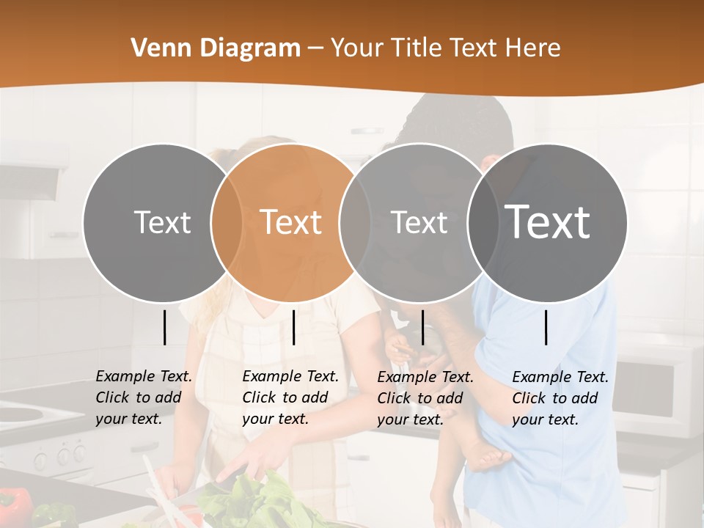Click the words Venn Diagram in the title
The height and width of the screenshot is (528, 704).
pyautogui.click(x=216, y=48)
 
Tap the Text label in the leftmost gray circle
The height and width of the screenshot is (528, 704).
pyautogui.click(x=162, y=222)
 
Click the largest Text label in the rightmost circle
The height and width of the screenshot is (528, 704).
pyautogui.click(x=548, y=221)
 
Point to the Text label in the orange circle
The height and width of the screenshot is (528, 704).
pyautogui.click(x=291, y=222)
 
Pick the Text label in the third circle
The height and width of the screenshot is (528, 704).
pyautogui.click(x=419, y=222)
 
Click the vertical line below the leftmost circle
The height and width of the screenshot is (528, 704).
pyautogui.click(x=165, y=327)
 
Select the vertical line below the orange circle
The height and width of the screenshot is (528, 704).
pyautogui.click(x=293, y=327)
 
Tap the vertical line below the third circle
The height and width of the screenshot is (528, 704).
pyautogui.click(x=423, y=327)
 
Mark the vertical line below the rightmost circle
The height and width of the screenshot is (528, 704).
pyautogui.click(x=546, y=327)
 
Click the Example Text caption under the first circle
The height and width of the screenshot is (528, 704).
pyautogui.click(x=143, y=397)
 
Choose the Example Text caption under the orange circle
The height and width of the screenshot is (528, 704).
pyautogui.click(x=290, y=397)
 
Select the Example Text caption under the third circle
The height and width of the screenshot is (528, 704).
pyautogui.click(x=425, y=398)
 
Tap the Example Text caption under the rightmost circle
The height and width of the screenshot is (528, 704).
pyautogui.click(x=560, y=398)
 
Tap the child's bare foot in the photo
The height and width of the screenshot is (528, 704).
pyautogui.click(x=491, y=459)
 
